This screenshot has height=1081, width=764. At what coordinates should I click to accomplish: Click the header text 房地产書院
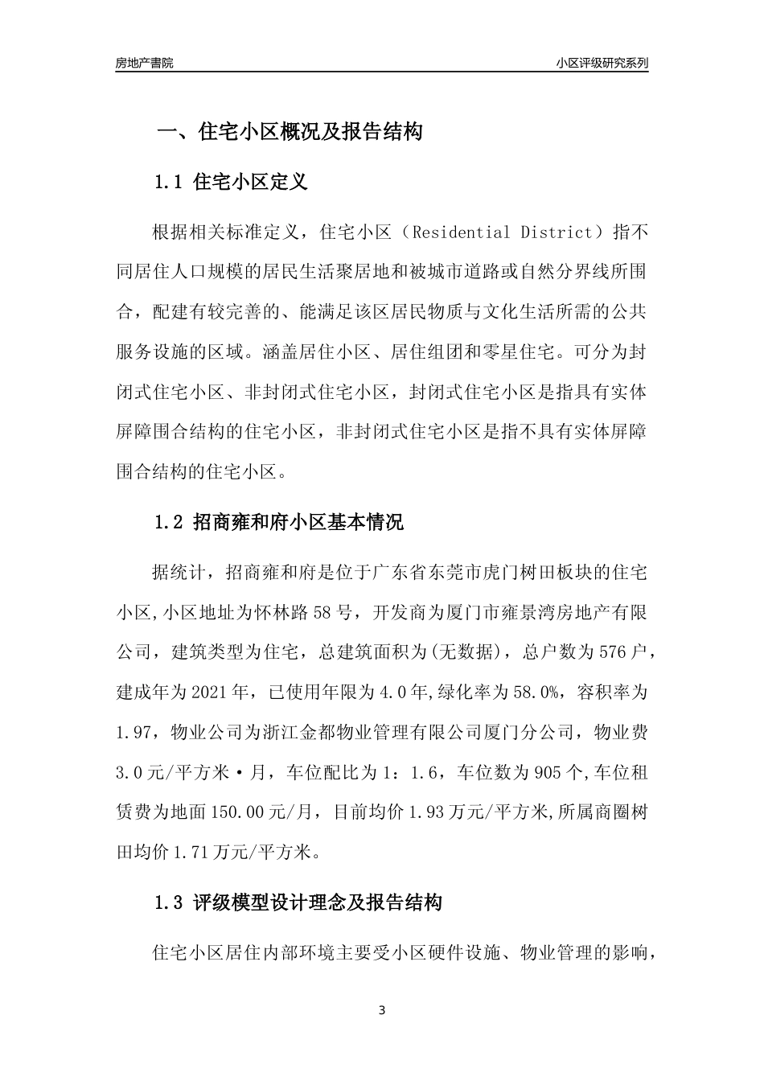pyautogui.click(x=145, y=63)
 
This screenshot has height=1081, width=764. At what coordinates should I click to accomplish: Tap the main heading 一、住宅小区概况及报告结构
pyautogui.click(x=289, y=131)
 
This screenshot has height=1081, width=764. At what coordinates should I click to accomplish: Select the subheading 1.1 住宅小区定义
pyautogui.click(x=230, y=182)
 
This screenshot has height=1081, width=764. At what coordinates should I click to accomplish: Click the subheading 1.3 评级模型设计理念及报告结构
pyautogui.click(x=298, y=902)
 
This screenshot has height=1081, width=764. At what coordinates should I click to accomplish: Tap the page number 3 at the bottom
pyautogui.click(x=382, y=1010)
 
